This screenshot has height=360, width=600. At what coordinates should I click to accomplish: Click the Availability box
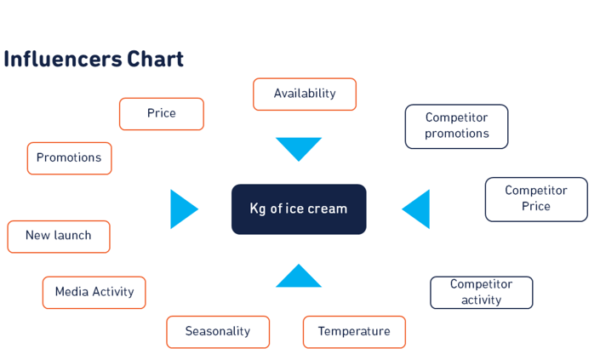305,94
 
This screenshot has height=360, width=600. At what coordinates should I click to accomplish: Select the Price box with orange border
162,114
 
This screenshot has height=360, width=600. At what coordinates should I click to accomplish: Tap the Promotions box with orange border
69,158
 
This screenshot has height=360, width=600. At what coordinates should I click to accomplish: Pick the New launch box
59,237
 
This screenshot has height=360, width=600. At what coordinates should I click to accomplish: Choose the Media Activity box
94,293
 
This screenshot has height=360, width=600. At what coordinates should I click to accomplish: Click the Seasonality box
218,332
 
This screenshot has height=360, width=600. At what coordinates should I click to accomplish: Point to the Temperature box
354,332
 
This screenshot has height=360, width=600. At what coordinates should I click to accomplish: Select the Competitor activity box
482,293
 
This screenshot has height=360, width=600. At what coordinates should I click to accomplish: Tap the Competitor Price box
536,199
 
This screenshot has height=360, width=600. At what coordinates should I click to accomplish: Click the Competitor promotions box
456,127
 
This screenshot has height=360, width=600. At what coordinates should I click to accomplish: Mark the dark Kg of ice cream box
299,209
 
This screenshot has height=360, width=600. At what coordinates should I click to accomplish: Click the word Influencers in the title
63,60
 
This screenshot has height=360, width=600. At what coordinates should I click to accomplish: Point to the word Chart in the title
156,60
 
